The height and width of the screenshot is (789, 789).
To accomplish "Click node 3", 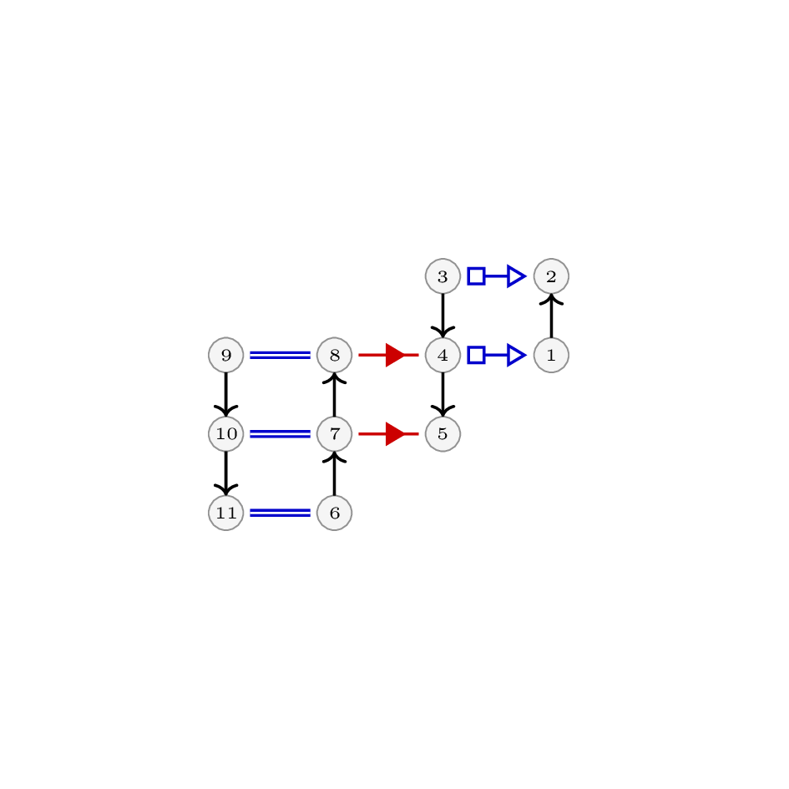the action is [443, 276].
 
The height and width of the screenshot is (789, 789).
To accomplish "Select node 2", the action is [552, 276].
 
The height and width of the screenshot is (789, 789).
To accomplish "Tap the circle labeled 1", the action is [552, 355].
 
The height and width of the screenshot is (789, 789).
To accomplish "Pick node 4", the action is [443, 355].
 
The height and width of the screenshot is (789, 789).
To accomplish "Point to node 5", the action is [443, 434].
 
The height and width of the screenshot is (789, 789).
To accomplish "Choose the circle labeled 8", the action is [335, 355].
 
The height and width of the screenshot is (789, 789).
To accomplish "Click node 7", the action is [335, 434].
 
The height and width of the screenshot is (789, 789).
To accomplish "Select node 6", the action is [335, 513].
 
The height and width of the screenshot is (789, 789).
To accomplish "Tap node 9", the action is [226, 355].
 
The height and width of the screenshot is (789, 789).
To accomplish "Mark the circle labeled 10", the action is [226, 434].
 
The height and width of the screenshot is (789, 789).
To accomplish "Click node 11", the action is [226, 513].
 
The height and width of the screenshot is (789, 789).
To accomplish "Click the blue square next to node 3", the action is [476, 276].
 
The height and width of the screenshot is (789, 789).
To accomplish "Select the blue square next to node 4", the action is [476, 355].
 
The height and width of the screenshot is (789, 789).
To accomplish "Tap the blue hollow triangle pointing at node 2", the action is [516, 276].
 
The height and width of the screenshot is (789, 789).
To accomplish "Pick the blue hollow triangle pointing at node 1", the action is [516, 355].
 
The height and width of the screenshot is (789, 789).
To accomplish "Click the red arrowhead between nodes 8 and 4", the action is [395, 355].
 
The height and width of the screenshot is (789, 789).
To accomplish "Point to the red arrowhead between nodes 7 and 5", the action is [395, 434].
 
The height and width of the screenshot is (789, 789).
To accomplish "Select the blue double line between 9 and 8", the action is [281, 355].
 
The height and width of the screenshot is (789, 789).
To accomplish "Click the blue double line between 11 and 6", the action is [281, 513].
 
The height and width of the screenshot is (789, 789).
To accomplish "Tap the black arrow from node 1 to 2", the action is [552, 316].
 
